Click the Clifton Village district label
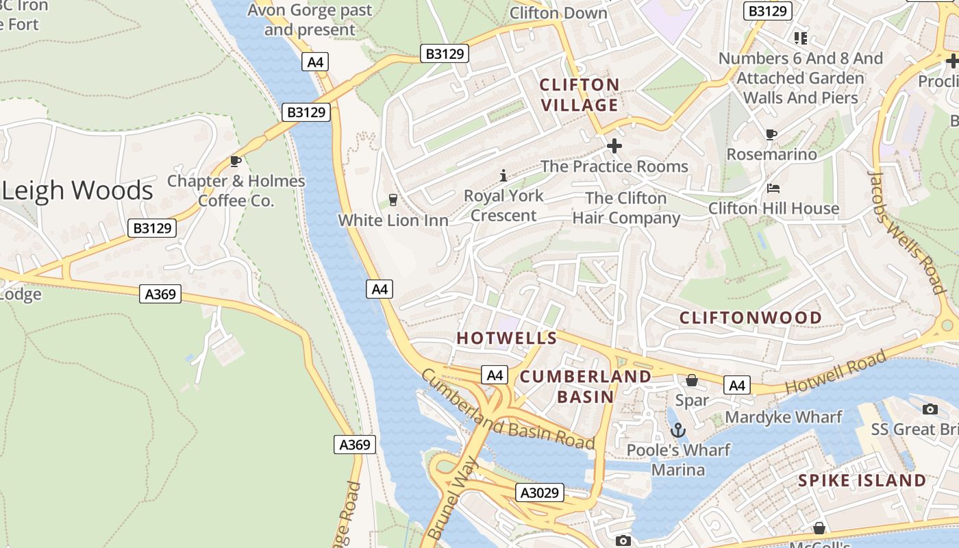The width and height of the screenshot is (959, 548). (580, 95)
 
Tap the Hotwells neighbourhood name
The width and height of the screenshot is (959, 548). (507, 338)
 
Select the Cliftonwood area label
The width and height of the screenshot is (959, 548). (750, 318)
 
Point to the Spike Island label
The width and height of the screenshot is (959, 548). (862, 480)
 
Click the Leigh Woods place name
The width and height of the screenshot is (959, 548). (77, 190)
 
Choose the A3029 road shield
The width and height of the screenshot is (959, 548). (540, 493)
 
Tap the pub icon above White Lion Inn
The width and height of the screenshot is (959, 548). (393, 200)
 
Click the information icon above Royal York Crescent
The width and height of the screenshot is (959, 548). (503, 175)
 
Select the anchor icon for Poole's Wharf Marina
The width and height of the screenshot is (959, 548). (677, 430)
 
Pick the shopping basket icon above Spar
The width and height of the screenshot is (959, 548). (692, 380)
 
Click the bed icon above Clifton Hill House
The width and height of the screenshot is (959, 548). (773, 188)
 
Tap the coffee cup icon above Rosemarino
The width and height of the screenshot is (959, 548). (771, 134)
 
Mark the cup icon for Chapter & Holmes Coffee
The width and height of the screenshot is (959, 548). (236, 161)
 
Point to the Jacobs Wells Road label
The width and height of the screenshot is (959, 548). (907, 231)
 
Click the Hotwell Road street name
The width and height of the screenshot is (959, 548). (835, 371)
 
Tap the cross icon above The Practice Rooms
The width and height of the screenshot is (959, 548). (614, 146)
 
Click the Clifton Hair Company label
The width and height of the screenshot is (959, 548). (626, 208)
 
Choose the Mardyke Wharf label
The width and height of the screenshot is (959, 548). (783, 417)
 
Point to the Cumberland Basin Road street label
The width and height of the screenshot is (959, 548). (507, 410)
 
